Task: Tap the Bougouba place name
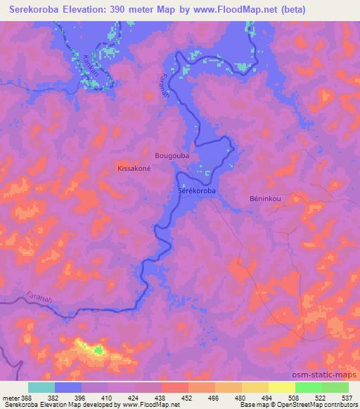point(172,155)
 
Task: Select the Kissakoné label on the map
point(134,169)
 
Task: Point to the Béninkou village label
point(266,198)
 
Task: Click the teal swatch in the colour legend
point(41,387)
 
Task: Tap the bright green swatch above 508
point(308,387)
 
